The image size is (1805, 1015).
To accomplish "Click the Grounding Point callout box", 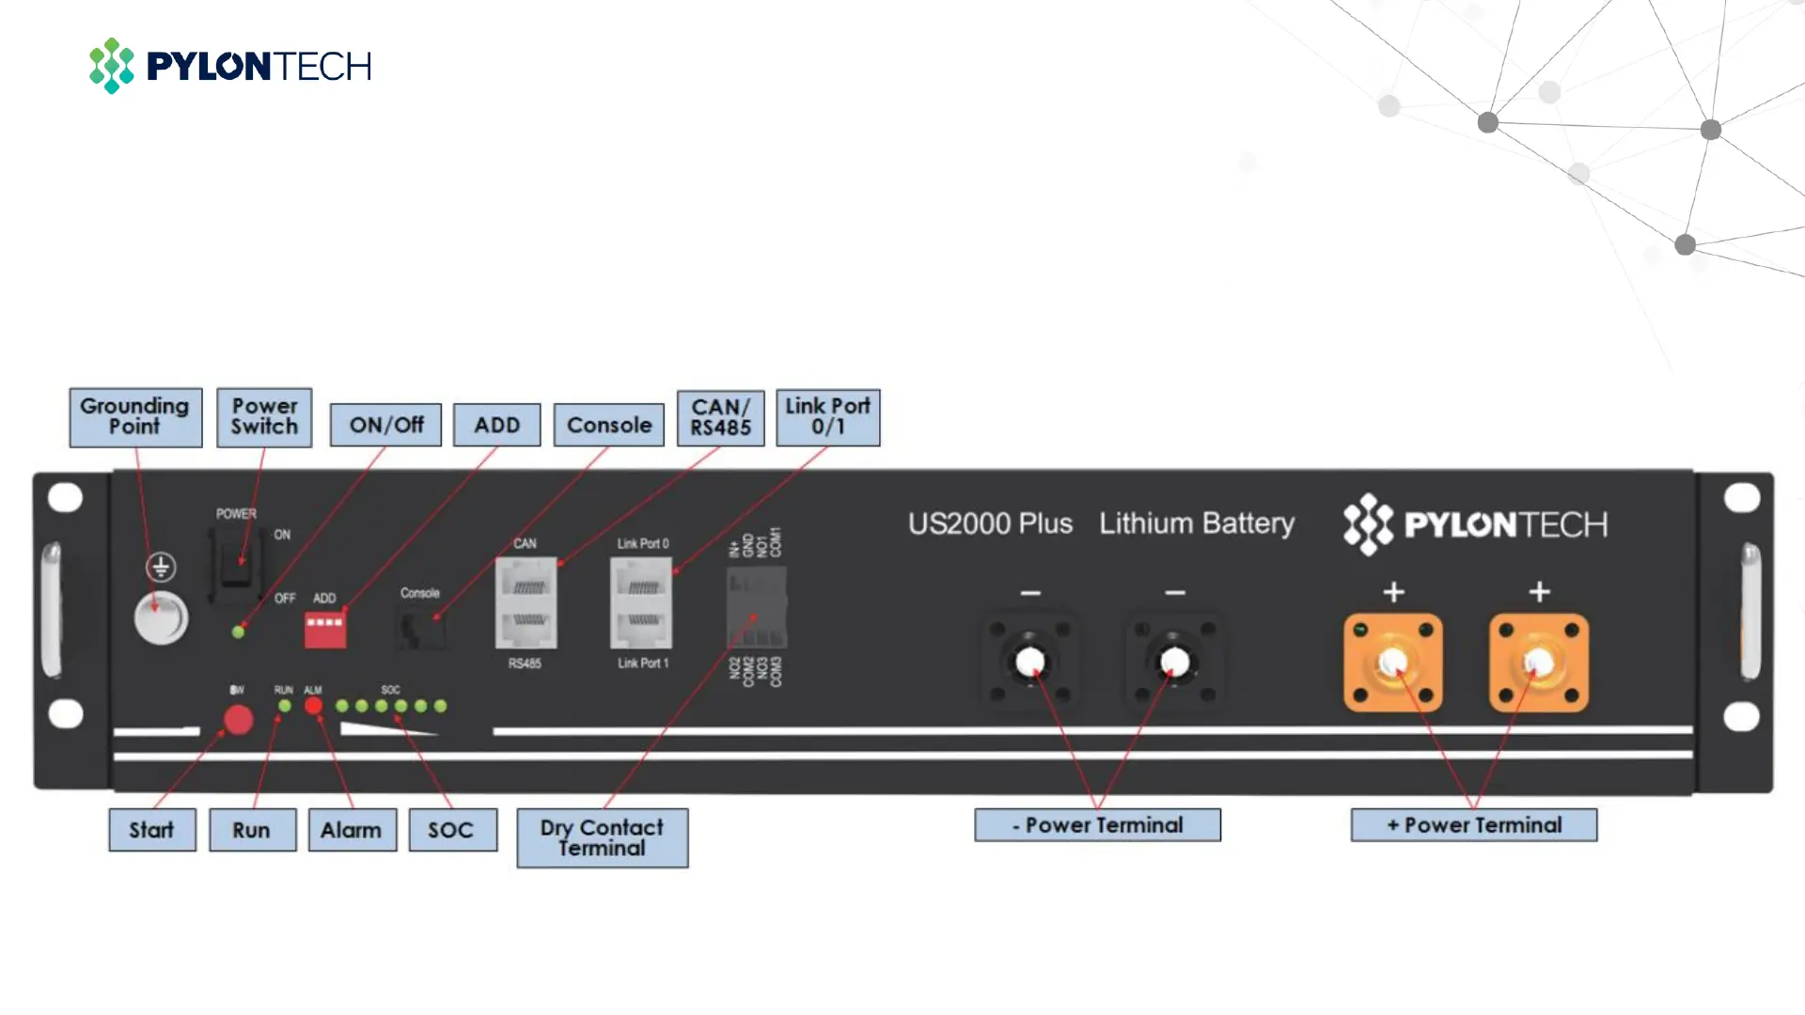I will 135,416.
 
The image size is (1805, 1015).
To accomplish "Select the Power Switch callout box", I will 264,416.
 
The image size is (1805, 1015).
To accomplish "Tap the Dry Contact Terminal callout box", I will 602,836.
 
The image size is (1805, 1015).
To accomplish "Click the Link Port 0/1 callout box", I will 827,416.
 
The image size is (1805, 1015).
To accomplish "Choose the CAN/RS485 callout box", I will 720,416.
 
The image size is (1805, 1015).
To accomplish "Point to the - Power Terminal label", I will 1097,825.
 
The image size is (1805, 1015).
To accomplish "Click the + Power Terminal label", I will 1473,825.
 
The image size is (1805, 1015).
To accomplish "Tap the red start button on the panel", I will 238,720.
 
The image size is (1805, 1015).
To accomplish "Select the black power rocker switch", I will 236,564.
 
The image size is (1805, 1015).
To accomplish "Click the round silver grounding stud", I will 161,618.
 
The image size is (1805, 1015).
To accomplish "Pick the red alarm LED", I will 313,706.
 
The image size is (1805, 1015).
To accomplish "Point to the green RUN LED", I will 284,706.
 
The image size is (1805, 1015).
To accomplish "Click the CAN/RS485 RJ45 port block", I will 526,602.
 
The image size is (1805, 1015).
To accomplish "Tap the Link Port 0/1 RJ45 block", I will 641,602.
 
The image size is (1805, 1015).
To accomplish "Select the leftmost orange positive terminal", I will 1392,663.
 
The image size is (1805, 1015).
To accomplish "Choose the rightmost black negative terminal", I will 1174,663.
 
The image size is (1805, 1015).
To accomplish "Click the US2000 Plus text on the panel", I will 990,523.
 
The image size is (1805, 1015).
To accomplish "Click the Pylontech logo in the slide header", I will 230,66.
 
